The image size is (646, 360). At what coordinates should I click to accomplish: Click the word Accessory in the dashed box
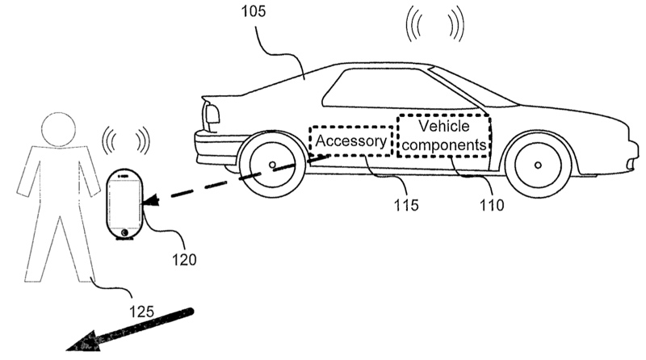tap(352, 140)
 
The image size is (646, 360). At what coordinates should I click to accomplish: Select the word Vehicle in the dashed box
tap(443, 127)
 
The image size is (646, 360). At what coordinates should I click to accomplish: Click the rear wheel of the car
tap(273, 165)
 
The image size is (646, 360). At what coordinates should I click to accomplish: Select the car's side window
tap(380, 88)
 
